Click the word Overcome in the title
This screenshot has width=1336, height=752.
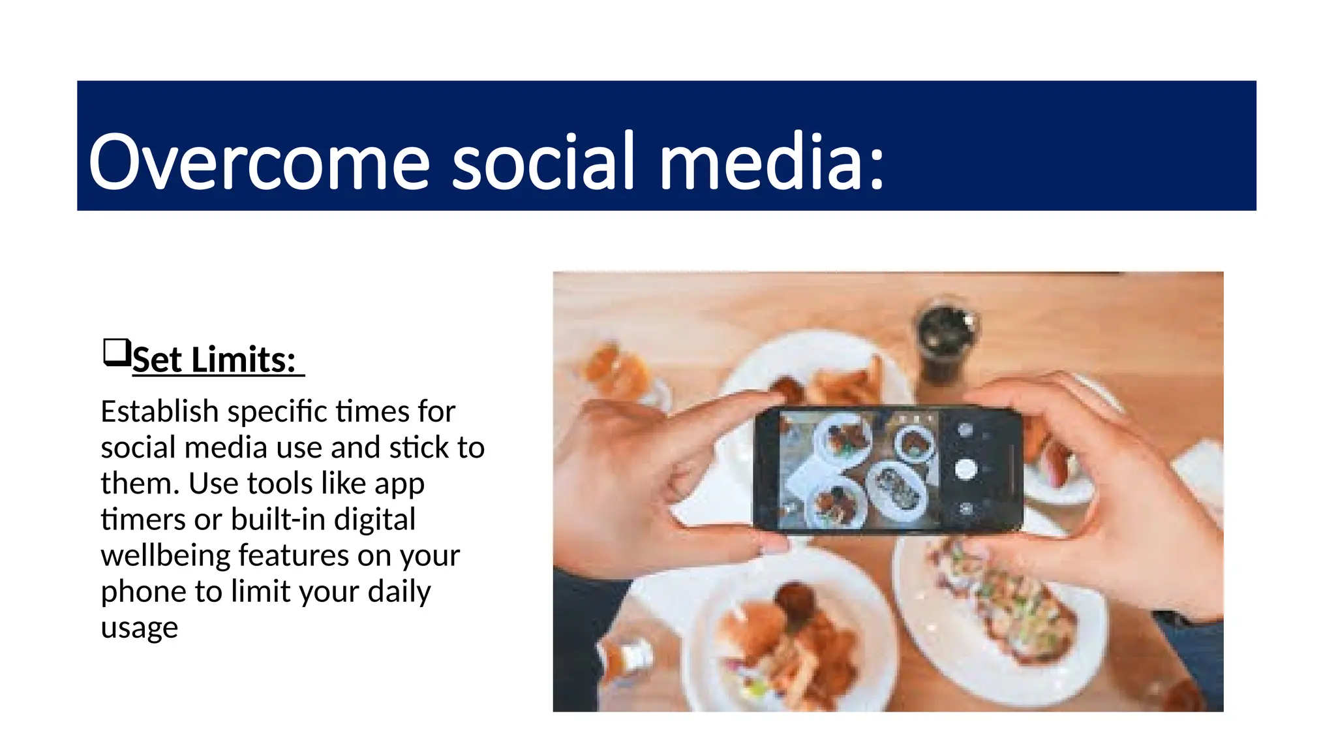pyautogui.click(x=259, y=162)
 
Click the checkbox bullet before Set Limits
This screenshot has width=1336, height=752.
pyautogui.click(x=117, y=352)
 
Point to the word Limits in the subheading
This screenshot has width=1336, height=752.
pyautogui.click(x=243, y=360)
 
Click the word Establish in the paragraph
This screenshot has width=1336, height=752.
pyautogui.click(x=159, y=412)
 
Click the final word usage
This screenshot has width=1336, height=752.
pyautogui.click(x=139, y=627)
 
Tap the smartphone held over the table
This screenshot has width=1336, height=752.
pyautogui.click(x=887, y=469)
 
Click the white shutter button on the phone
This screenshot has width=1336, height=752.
pyautogui.click(x=965, y=469)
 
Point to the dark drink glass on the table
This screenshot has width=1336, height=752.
pyautogui.click(x=945, y=339)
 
